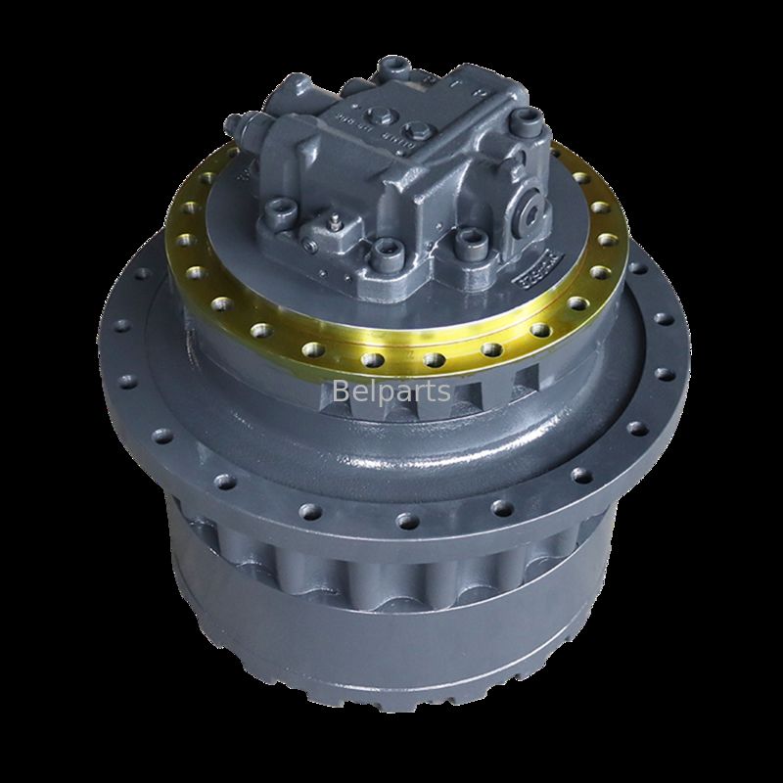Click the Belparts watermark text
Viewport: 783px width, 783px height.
point(391,391)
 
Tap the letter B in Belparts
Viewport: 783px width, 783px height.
point(341,391)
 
